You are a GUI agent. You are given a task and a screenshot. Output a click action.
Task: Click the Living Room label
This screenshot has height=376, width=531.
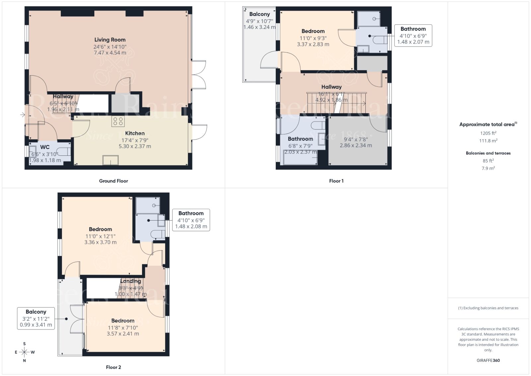pyautogui.click(x=110, y=40)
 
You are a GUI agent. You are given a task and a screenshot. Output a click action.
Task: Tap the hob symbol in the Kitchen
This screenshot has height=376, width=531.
pyautogui.click(x=118, y=121)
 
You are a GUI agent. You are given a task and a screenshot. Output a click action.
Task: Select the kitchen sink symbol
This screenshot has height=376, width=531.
pyautogui.click(x=111, y=160)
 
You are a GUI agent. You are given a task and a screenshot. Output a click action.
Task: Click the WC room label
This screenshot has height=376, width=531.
pyautogui.click(x=45, y=147)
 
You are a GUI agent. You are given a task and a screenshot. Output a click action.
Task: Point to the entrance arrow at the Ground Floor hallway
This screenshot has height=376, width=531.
pyautogui.click(x=23, y=115)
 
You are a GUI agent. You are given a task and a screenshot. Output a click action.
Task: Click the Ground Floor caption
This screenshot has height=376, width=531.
pyautogui.click(x=113, y=181)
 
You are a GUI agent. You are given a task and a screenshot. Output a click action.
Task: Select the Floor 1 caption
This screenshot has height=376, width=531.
pyautogui.click(x=336, y=181)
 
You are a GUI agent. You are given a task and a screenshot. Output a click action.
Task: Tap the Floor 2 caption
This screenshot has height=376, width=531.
pyautogui.click(x=113, y=367)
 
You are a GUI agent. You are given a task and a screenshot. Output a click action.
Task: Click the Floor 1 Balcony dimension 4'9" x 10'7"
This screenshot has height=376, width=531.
pyautogui.click(x=259, y=21)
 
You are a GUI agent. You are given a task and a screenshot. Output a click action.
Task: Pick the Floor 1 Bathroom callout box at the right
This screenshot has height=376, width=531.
pyautogui.click(x=413, y=35)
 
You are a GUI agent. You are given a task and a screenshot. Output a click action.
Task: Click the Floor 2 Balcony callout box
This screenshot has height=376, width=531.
pyautogui.click(x=36, y=318)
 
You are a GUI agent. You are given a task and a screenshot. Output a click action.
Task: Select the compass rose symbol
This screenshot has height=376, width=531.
pyautogui.click(x=24, y=352)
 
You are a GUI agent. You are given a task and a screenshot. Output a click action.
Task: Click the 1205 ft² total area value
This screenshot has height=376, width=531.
pyautogui.click(x=488, y=133)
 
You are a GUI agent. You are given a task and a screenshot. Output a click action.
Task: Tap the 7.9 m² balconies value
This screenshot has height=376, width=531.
pyautogui.click(x=488, y=168)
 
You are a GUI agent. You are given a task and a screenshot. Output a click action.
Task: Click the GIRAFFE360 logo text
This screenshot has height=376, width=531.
pyautogui.click(x=488, y=360)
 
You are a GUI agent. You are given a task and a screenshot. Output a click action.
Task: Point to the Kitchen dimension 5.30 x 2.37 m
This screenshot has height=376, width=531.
pyautogui.click(x=135, y=146)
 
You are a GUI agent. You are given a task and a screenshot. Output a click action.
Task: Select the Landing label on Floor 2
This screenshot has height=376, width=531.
pyautogui.click(x=130, y=281)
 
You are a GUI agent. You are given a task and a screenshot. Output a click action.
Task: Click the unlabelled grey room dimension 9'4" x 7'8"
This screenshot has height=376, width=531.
pyautogui.click(x=355, y=140)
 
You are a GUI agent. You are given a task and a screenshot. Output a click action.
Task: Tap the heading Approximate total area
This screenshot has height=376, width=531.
pyautogui.click(x=487, y=125)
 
